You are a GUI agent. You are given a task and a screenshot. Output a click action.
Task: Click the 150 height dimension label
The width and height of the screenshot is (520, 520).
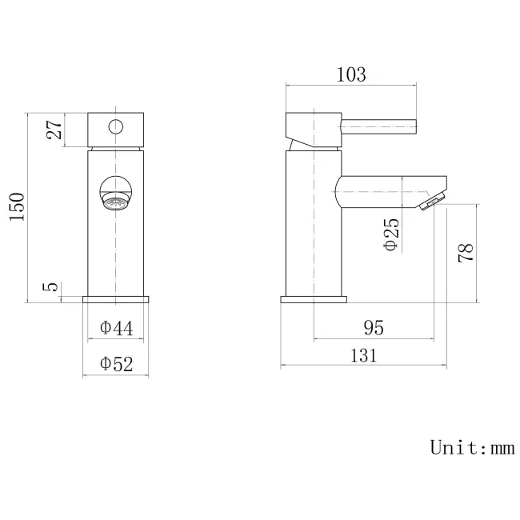(17, 208)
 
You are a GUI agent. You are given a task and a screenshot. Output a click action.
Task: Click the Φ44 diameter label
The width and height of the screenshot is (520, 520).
(117, 328)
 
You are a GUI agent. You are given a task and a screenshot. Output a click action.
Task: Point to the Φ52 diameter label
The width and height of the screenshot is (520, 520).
(117, 364)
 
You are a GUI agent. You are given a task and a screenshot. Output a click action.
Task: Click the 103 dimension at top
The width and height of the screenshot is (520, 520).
(351, 75)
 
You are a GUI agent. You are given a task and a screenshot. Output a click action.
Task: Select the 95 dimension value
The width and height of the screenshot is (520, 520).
(374, 328)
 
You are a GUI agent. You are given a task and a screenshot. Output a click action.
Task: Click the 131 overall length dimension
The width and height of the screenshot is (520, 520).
(362, 357)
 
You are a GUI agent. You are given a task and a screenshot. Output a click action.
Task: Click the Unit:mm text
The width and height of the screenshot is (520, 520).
(471, 447)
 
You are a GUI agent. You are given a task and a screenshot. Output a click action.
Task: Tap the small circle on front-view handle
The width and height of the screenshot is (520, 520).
(116, 126)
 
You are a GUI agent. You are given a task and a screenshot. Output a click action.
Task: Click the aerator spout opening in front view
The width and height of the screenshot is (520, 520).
(117, 201)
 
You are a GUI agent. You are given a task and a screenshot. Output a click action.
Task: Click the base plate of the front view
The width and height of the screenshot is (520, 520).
(117, 300)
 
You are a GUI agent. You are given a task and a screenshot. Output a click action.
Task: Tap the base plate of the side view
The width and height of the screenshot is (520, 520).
(314, 300)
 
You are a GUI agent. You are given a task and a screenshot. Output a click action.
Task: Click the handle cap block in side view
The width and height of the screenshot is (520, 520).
(313, 128)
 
